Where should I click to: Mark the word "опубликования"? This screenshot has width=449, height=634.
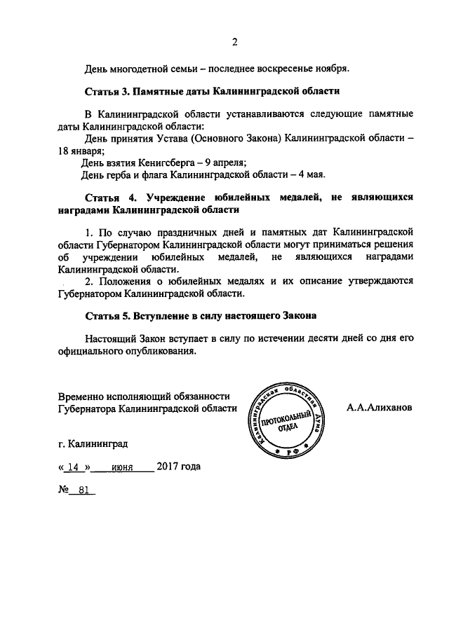(159, 350)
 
